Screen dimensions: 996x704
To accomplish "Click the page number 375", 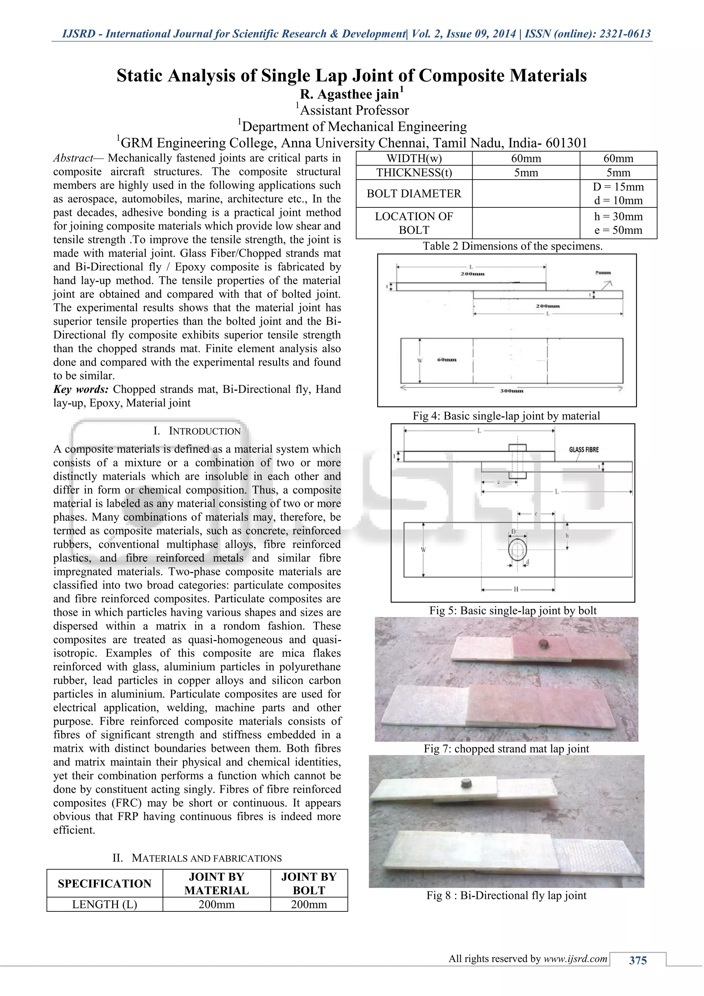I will pos(638,961).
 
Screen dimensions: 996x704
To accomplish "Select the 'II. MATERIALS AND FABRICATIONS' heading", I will pos(197,858).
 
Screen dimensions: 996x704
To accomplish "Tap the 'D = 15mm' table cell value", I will pos(618,187).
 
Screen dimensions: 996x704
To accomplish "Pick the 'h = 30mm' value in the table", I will pos(618,216).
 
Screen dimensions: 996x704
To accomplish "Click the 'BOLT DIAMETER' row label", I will pos(414,194).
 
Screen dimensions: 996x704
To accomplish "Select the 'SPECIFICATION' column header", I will pos(104,883).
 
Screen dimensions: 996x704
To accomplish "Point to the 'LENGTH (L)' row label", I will pos(104,905).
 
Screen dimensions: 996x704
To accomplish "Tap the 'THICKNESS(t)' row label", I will pos(414,173).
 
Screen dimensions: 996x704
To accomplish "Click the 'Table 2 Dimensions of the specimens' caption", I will pos(513,246).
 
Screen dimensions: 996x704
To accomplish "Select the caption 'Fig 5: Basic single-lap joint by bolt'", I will pos(513,610).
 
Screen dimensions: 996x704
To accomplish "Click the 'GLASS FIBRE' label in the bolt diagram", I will pos(583,450).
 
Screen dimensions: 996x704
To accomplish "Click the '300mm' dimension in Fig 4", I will pos(511,391).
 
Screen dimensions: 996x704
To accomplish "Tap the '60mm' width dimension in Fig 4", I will pos(447,360).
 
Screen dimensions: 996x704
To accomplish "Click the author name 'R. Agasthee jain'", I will pos(349,94).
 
